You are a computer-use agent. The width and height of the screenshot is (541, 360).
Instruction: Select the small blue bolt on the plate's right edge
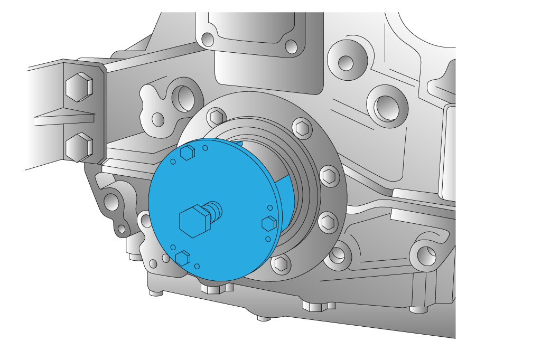tap(269, 223)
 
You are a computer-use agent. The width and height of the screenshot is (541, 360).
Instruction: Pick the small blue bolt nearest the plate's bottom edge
tap(182, 258)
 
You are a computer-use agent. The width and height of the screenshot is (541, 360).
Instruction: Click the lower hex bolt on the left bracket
tap(79, 146)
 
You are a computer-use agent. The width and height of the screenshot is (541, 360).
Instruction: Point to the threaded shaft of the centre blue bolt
tap(213, 210)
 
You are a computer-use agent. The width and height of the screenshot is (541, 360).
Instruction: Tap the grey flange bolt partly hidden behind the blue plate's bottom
tap(282, 262)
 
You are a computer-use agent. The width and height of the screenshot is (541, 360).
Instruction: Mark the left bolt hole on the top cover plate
tap(208, 40)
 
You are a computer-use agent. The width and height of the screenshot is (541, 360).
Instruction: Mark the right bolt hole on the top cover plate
tap(291, 47)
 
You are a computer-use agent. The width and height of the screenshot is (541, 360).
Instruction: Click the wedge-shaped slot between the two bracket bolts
tap(63, 118)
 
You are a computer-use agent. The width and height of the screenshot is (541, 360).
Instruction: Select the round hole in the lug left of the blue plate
tap(111, 201)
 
